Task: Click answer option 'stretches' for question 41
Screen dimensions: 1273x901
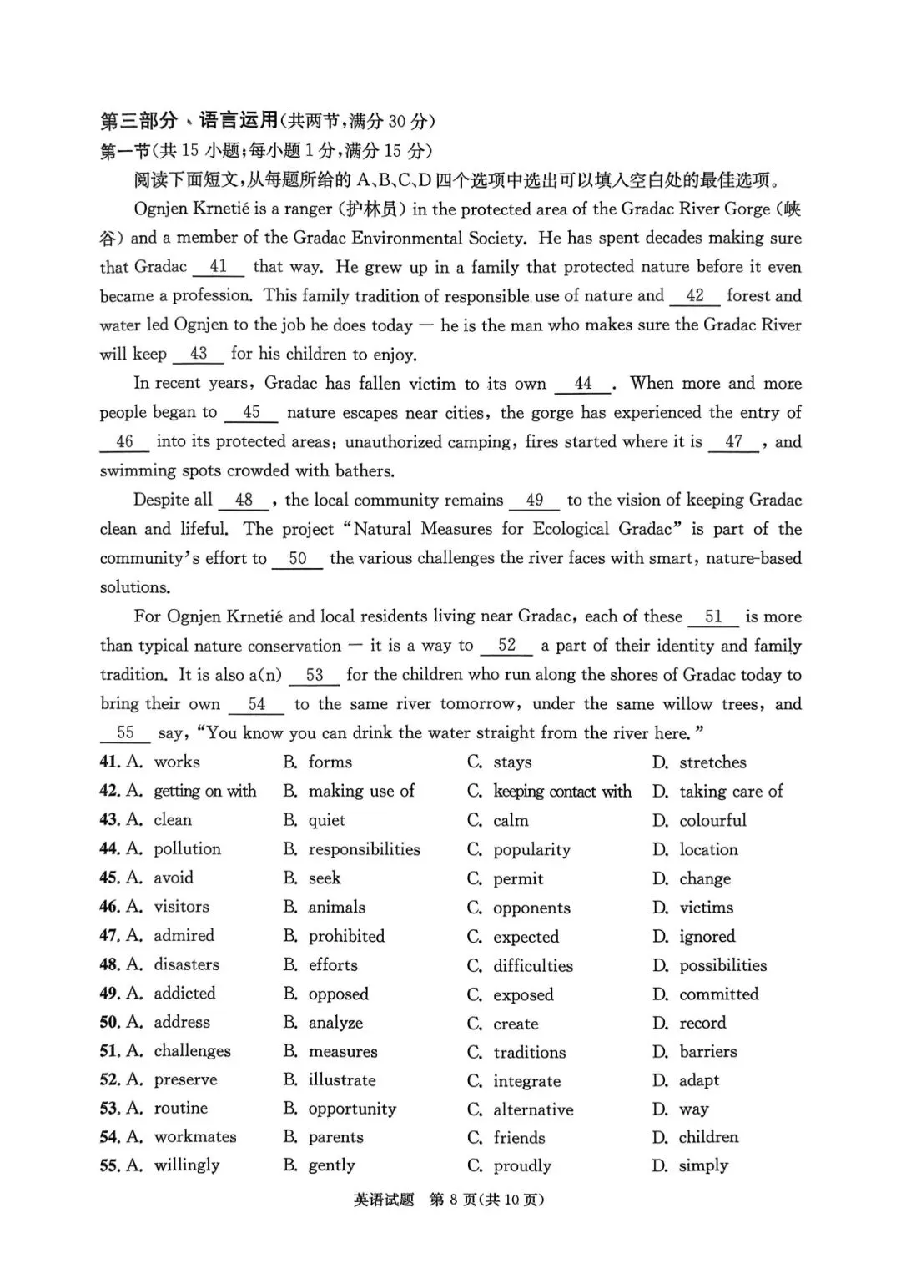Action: (712, 762)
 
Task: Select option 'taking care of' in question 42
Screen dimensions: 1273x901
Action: (731, 791)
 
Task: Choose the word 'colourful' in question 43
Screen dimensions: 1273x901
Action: (712, 820)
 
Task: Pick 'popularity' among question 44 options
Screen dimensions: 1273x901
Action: (531, 849)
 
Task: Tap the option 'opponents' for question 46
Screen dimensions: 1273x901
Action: (531, 908)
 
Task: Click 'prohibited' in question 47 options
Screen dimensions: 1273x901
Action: (346, 936)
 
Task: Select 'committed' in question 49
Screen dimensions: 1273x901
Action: (718, 994)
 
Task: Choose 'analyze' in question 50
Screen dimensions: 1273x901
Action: (335, 1023)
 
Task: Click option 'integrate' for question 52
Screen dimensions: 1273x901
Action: (526, 1081)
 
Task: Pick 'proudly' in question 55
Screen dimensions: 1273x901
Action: (522, 1165)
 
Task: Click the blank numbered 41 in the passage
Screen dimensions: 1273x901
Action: (219, 267)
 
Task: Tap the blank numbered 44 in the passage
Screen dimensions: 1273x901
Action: (583, 384)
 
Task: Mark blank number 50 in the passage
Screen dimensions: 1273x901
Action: (298, 559)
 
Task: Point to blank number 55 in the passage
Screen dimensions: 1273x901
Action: (125, 732)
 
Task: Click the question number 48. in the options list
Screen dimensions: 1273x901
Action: (109, 964)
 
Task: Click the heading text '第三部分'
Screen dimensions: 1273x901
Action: (138, 121)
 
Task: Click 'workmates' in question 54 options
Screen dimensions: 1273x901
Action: (195, 1136)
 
